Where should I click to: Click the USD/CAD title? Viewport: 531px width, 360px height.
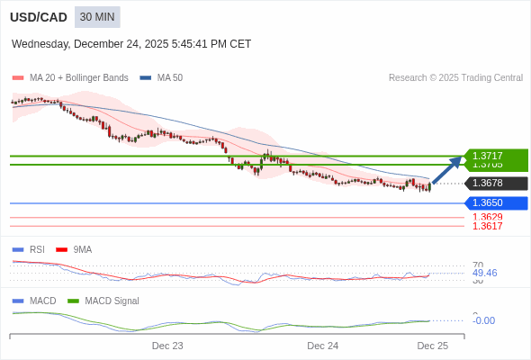38,17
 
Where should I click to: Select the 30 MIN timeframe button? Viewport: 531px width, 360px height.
97,17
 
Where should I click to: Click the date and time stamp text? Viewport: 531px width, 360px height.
131,44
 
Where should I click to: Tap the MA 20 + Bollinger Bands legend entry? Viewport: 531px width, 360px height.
78,77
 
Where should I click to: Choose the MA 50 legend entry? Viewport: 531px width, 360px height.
169,77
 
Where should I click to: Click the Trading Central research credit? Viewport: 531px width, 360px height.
455,77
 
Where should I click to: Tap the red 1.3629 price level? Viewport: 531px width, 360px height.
487,217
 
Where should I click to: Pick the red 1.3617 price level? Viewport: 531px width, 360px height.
487,226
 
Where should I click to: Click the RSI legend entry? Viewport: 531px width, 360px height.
36,249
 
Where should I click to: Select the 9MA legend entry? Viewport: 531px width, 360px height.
82,249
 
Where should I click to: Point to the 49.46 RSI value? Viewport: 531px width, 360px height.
484,273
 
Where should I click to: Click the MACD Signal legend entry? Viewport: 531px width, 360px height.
112,301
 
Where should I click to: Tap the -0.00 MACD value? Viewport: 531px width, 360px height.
483,320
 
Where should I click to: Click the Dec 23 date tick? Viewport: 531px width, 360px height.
167,346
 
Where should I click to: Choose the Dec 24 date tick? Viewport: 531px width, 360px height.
322,346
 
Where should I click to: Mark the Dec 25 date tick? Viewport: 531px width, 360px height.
432,346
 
